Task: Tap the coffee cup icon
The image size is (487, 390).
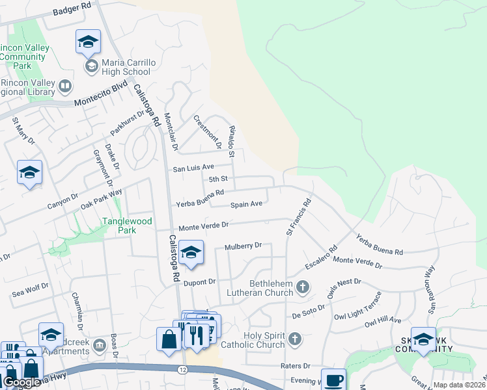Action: [334, 380]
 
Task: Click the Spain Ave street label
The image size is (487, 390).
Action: [246, 204]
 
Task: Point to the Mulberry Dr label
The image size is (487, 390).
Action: [243, 246]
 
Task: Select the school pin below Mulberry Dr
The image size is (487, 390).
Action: [191, 253]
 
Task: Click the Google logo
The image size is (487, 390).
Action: [21, 382]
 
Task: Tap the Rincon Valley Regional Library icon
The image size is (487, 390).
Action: [65, 86]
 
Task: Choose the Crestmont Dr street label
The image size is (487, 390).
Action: [208, 131]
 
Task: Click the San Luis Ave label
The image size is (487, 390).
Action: [193, 168]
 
